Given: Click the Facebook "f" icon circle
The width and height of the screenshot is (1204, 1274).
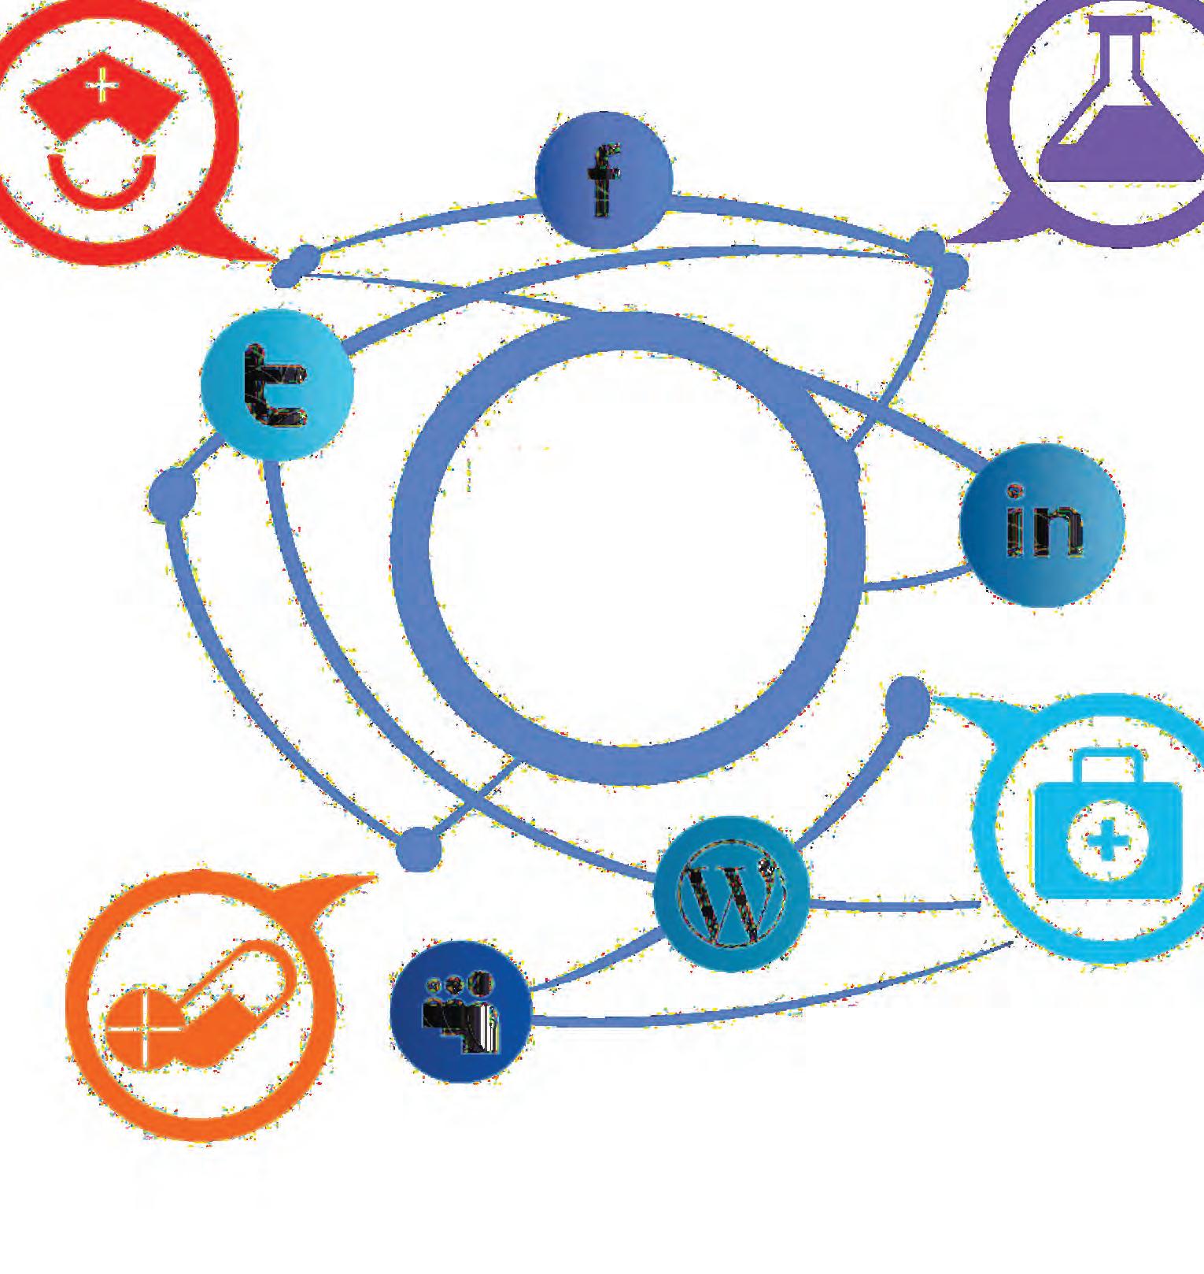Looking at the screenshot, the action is click(604, 180).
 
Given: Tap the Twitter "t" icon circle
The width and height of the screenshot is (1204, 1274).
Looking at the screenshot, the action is click(276, 385).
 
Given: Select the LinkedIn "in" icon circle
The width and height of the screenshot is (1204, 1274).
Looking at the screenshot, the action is click(1042, 524).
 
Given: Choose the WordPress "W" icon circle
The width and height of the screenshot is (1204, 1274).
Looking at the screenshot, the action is click(731, 893).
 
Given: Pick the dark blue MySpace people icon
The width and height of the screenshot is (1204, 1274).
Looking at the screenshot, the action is click(460, 1011).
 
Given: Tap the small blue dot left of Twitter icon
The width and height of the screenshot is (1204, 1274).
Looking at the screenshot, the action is click(172, 494).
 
